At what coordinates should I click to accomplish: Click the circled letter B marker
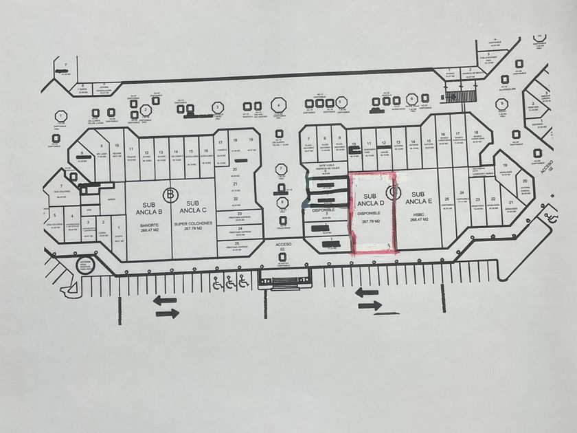point(170,194)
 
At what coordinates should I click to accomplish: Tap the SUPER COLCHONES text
point(194,224)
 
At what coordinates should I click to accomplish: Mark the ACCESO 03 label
point(283,247)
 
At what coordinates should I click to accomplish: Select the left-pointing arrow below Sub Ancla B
point(166,300)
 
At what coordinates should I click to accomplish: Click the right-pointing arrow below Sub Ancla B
point(167,313)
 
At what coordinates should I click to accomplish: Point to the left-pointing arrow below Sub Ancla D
point(368,293)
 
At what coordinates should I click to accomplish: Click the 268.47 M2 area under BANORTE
point(150,230)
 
